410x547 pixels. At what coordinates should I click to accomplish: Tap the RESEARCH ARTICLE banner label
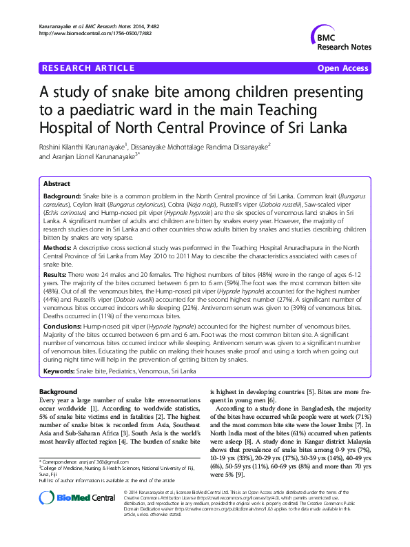click(x=88, y=68)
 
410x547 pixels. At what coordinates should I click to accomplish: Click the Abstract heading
click(x=57, y=185)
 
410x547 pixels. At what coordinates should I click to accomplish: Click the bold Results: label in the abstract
click(x=57, y=274)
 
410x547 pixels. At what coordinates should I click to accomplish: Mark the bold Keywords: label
click(x=59, y=371)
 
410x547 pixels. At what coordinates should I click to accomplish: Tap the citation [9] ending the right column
click(x=238, y=475)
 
